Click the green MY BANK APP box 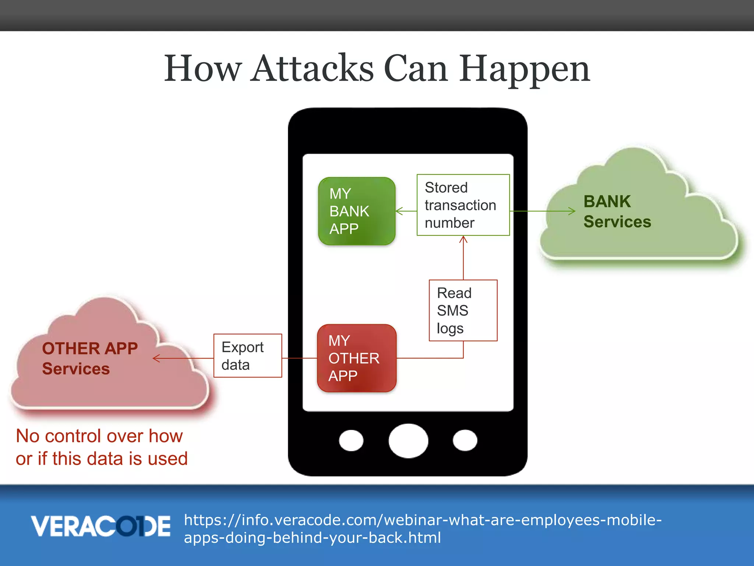[x=356, y=211]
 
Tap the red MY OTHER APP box [x=356, y=358]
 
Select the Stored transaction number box [x=463, y=205]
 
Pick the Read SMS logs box [x=463, y=310]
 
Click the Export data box [x=247, y=356]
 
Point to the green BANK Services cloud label [x=617, y=212]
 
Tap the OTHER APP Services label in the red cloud [x=90, y=358]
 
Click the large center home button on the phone [x=408, y=441]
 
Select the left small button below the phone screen [x=351, y=440]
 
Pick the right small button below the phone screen [x=465, y=440]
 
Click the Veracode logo [x=101, y=526]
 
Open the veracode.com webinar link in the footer [x=422, y=528]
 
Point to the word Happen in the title [x=524, y=69]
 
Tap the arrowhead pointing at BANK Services [x=572, y=211]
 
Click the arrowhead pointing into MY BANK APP [x=399, y=211]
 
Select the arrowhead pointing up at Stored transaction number [x=463, y=240]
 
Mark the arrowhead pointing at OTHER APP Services [x=156, y=358]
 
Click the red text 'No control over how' [x=99, y=436]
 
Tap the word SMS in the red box [x=452, y=311]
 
